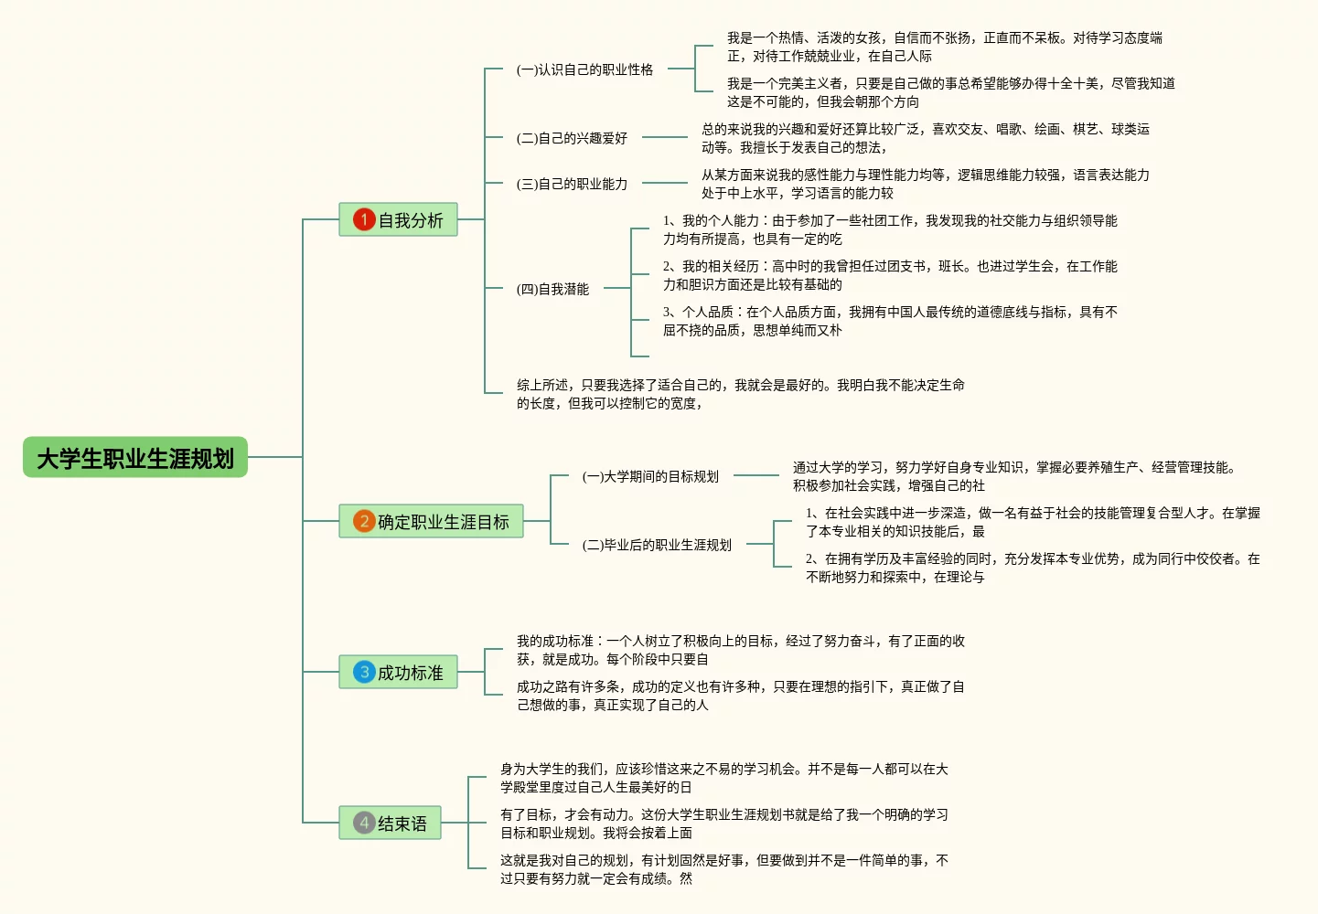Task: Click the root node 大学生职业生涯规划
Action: point(135,457)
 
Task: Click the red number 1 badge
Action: point(364,219)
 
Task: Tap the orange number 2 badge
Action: point(364,521)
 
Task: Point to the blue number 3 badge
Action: point(364,672)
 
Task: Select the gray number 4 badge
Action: point(364,823)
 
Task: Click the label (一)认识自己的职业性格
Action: point(584,69)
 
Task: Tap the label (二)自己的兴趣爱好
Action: point(572,138)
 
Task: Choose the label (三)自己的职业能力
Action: point(572,184)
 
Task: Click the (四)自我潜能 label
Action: point(552,289)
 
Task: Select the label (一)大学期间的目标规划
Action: point(650,476)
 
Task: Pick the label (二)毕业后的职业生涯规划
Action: point(657,545)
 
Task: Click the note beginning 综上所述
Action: point(740,394)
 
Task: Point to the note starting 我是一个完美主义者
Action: point(950,92)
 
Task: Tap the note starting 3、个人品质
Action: point(889,321)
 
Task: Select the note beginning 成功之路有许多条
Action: point(740,696)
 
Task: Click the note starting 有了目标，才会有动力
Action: point(723,824)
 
